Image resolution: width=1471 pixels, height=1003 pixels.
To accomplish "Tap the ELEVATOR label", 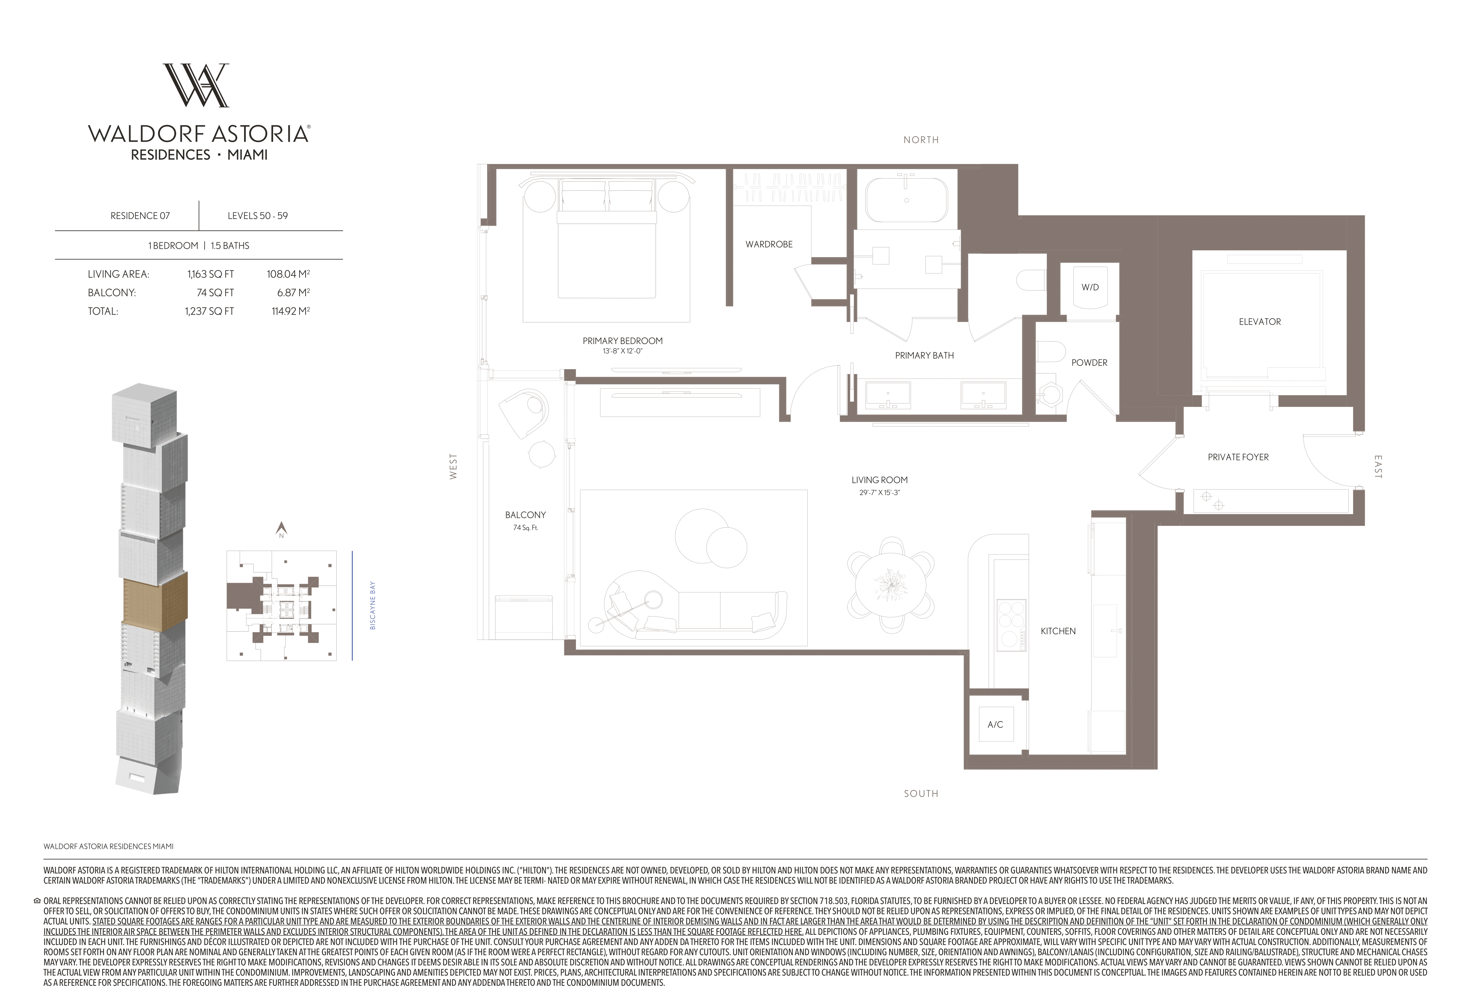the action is click(1260, 322).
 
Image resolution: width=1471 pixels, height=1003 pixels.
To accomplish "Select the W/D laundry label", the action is click(1090, 287).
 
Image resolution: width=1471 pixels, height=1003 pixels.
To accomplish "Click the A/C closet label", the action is click(995, 725).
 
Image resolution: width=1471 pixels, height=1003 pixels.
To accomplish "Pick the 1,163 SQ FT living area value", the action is click(211, 274).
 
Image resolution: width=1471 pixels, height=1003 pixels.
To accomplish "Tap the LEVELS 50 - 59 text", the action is click(258, 216).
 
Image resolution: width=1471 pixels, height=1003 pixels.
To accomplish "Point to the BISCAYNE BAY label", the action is click(373, 605).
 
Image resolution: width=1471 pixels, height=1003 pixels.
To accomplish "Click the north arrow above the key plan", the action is click(282, 528).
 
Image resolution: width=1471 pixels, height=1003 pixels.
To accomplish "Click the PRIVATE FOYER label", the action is click(1238, 457).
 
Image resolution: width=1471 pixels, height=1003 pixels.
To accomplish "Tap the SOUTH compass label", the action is click(921, 794).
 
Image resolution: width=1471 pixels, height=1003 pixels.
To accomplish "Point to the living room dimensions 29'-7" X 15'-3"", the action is click(879, 492).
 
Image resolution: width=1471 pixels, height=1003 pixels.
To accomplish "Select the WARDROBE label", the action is click(769, 244).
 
